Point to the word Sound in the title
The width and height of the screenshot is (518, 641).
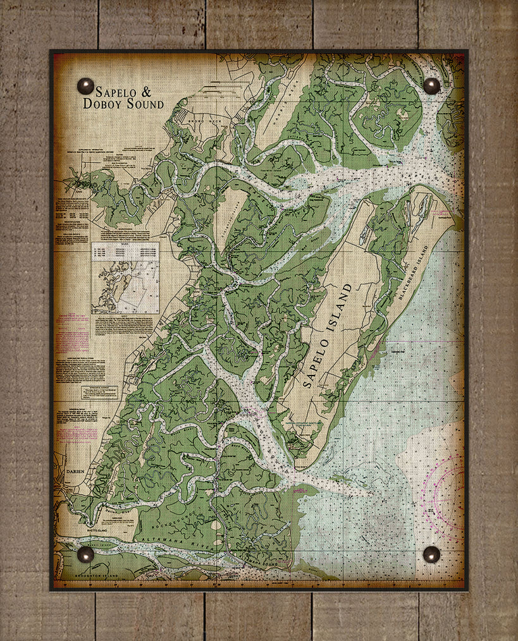(x=144, y=104)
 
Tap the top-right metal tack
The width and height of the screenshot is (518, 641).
(x=431, y=85)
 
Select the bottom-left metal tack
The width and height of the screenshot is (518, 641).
(x=85, y=554)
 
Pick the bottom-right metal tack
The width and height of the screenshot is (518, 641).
(x=431, y=554)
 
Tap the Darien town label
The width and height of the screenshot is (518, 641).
(x=75, y=472)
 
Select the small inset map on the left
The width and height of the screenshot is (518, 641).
(x=125, y=278)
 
